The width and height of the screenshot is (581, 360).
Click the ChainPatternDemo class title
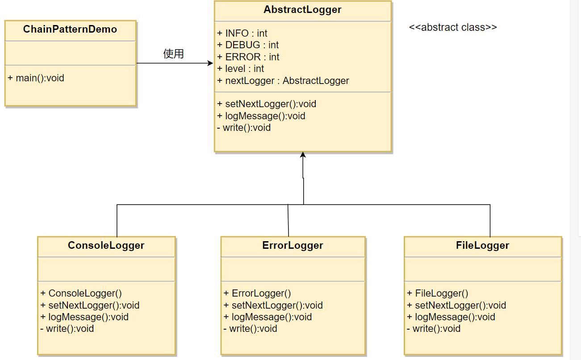pos(70,29)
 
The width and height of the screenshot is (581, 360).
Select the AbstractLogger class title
pos(302,9)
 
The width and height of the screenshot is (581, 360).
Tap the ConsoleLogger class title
pos(106,245)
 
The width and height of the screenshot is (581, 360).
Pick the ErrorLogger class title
pos(293,245)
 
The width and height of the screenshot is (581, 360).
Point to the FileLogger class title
pos(482,245)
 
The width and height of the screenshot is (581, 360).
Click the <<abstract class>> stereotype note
pos(453,27)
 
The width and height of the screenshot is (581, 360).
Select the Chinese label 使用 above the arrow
pos(174,54)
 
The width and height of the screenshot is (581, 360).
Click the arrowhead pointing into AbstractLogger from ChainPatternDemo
pos(210,63)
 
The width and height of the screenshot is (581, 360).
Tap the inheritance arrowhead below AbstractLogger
pos(303,155)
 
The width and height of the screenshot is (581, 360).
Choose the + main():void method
pos(36,78)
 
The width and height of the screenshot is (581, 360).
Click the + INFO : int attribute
pos(242,33)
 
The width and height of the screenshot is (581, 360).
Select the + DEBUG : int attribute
pos(248,45)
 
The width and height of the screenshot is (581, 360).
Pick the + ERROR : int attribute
pos(248,57)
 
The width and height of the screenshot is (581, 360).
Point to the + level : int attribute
pos(240,69)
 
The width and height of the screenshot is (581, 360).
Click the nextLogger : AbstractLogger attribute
pos(287,81)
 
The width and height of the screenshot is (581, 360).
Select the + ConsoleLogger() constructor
pos(81,293)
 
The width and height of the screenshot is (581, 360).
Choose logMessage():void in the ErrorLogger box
pos(272,317)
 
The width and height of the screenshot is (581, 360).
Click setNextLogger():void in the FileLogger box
pos(460,305)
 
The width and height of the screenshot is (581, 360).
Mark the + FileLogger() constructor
pos(438,293)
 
